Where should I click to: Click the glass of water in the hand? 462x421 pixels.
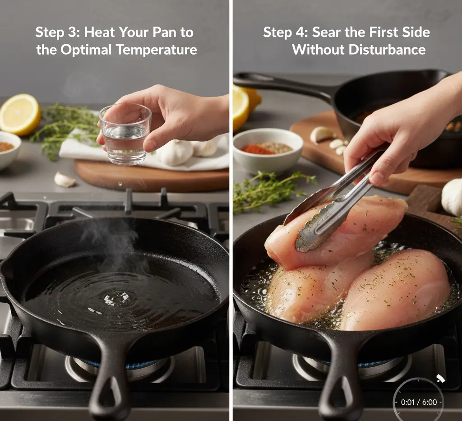125,134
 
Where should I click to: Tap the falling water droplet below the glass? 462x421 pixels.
120,184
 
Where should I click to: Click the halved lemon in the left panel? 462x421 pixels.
19,114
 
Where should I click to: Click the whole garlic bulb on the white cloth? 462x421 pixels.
177,153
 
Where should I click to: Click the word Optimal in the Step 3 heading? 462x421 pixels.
86,50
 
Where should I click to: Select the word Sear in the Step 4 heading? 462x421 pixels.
326,32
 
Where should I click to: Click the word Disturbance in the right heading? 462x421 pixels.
387,50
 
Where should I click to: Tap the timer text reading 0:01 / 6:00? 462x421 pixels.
419,402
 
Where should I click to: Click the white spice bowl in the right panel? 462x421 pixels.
268,150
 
